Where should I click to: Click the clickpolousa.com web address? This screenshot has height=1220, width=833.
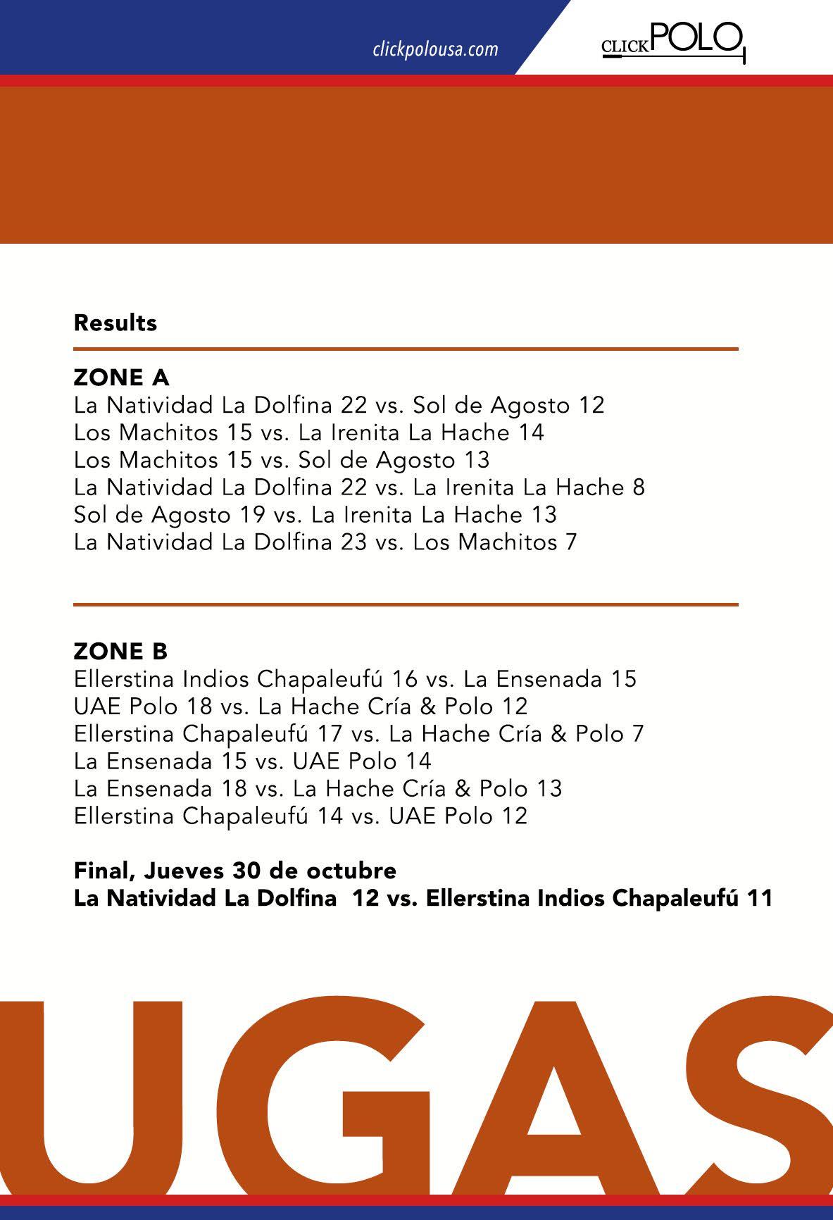(434, 50)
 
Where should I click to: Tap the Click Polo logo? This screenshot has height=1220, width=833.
(673, 41)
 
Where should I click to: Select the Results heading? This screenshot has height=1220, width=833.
(115, 323)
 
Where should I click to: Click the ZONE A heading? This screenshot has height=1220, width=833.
(121, 378)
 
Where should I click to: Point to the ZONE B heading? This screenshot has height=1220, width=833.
(120, 652)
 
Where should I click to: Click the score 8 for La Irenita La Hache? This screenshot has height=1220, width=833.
(639, 487)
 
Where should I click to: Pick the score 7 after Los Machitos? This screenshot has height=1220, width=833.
(571, 542)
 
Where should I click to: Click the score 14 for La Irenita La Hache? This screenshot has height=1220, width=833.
(532, 432)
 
